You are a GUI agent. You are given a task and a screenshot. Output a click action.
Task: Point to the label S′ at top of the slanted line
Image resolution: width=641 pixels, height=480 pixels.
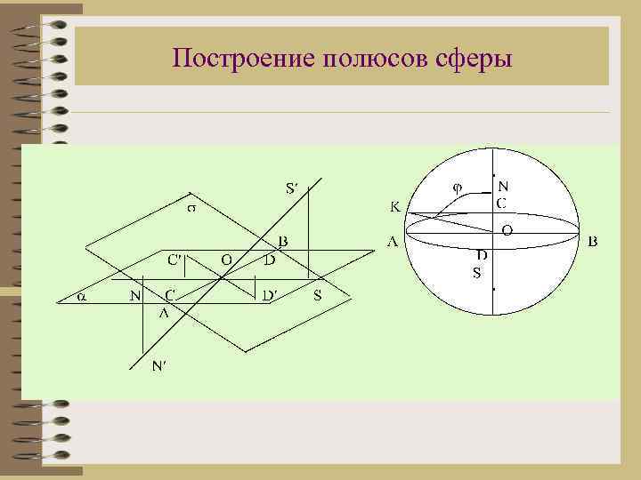point(293,188)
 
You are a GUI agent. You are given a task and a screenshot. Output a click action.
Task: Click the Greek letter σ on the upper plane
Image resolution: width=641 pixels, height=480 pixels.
point(191,210)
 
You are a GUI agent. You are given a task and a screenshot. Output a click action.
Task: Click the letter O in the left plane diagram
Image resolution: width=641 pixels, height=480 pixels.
point(227,260)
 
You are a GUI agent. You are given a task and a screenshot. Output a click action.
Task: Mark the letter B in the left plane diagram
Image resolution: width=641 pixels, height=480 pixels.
point(281,241)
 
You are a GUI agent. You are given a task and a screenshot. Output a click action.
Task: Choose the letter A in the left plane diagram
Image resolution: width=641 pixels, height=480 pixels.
point(163,313)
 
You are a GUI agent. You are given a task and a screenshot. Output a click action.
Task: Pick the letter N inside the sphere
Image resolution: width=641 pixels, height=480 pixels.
point(503,187)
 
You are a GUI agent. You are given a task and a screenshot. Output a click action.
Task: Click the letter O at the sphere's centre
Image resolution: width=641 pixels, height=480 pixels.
point(507,229)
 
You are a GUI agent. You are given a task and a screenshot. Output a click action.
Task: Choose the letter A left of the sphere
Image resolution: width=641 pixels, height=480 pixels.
point(392,241)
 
